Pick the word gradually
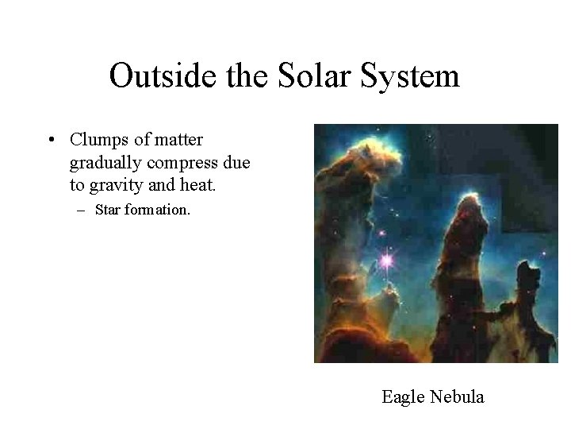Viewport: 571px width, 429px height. pyautogui.click(x=102, y=162)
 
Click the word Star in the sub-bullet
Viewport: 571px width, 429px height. pyautogui.click(x=108, y=211)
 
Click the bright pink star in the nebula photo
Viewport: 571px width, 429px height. pyautogui.click(x=387, y=259)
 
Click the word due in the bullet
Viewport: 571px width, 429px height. pyautogui.click(x=236, y=162)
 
